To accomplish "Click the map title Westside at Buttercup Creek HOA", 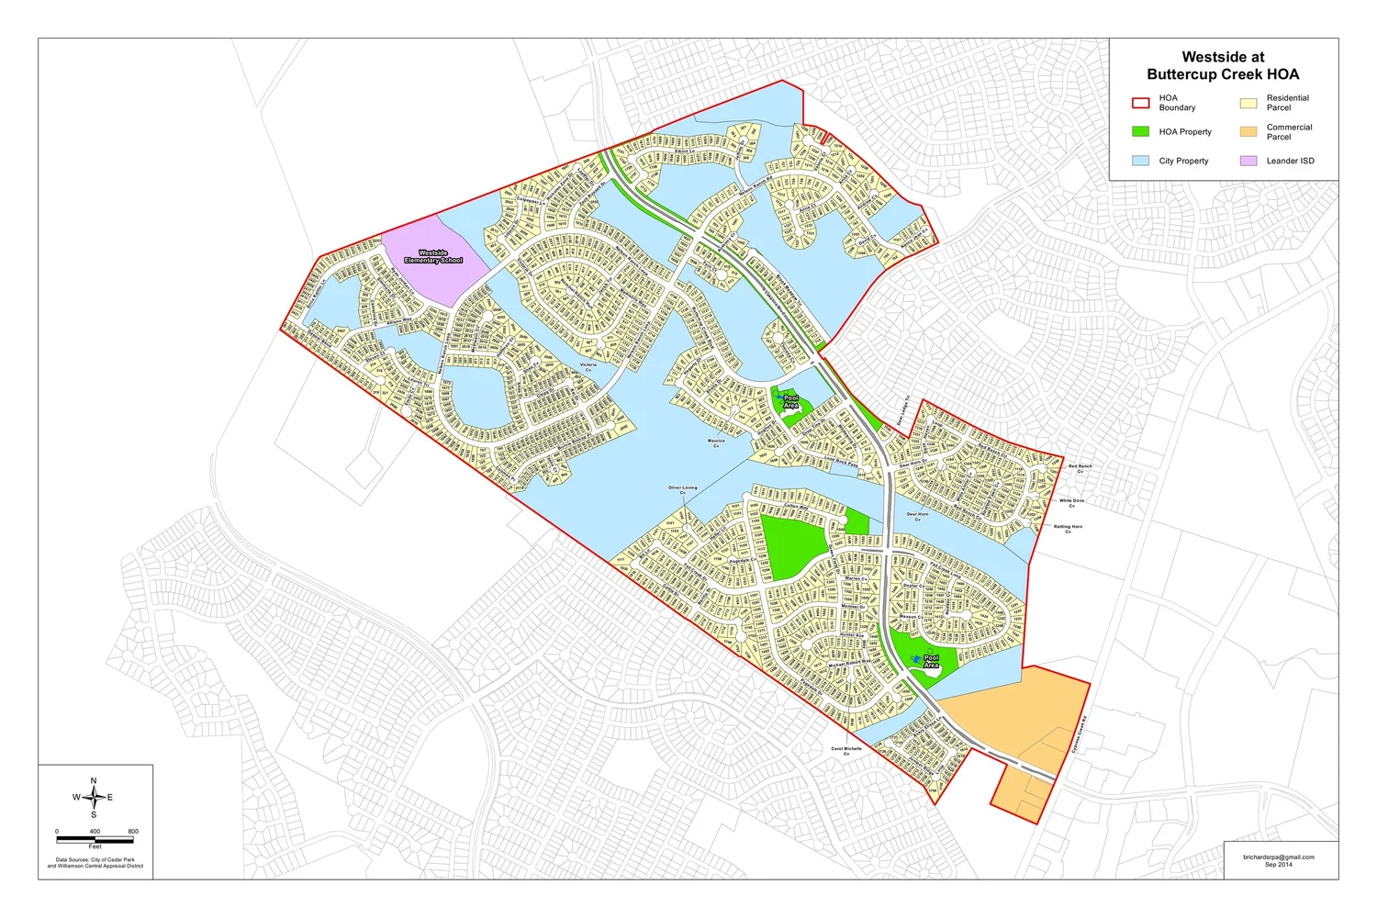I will pos(1223,65).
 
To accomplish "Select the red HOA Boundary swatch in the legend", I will pos(1140,103).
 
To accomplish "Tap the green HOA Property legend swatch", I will pos(1140,131).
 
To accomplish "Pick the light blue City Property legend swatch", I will pos(1140,161).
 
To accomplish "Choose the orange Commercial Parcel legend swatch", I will pos(1248,132).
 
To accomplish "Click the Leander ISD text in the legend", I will pos(1290,161).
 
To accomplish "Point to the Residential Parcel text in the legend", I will pos(1287,103).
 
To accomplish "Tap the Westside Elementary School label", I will pos(433,256).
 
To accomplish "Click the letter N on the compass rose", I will pos(94,781).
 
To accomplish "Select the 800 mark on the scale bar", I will pos(133,832).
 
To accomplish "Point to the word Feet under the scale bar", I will pos(95,846).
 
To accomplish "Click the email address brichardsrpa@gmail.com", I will pos(1279,857).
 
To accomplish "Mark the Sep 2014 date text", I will pos(1278,865).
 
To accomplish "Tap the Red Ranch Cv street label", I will pos(1080,468).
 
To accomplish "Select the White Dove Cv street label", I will pos(1071,502).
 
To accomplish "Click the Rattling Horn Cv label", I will pos(1068,529).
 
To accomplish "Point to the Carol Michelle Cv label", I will pos(846,750).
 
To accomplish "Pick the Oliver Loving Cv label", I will pos(683,489).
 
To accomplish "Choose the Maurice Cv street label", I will pos(716,442).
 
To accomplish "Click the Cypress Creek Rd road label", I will pos(1079,734).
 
